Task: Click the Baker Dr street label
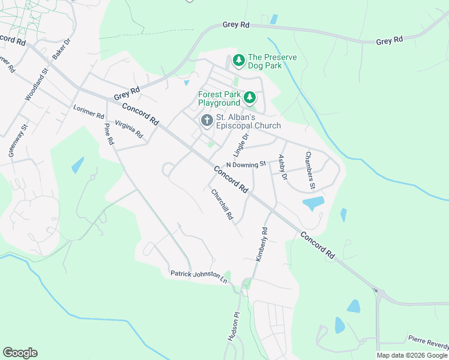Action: [x=61, y=48]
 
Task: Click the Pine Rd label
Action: [x=109, y=134]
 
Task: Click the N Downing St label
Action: [x=246, y=164]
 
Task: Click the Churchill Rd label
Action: [x=221, y=204]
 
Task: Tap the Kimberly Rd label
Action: [x=261, y=244]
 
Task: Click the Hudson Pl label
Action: [x=233, y=326]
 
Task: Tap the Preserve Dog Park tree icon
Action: [x=239, y=61]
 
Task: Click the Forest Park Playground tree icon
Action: [x=249, y=97]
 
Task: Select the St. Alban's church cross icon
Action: [x=206, y=121]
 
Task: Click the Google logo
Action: [x=20, y=353]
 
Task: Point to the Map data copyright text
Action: [x=412, y=355]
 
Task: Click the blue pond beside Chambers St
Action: [x=313, y=204]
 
